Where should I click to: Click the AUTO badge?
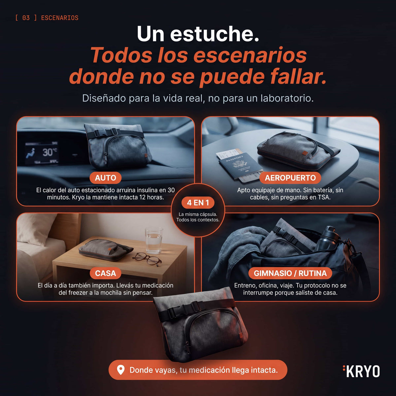[105, 178]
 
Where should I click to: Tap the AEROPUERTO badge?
[290, 178]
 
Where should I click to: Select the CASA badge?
[105, 273]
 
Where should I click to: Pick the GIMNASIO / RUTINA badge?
[290, 273]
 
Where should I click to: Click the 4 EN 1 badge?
[198, 203]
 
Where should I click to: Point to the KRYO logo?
[361, 371]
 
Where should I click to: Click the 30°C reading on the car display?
[49, 152]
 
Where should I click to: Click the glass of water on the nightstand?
[154, 240]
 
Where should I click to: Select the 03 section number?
[26, 18]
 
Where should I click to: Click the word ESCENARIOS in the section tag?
[60, 18]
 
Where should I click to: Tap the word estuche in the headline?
[214, 34]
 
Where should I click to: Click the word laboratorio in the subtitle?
[287, 98]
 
